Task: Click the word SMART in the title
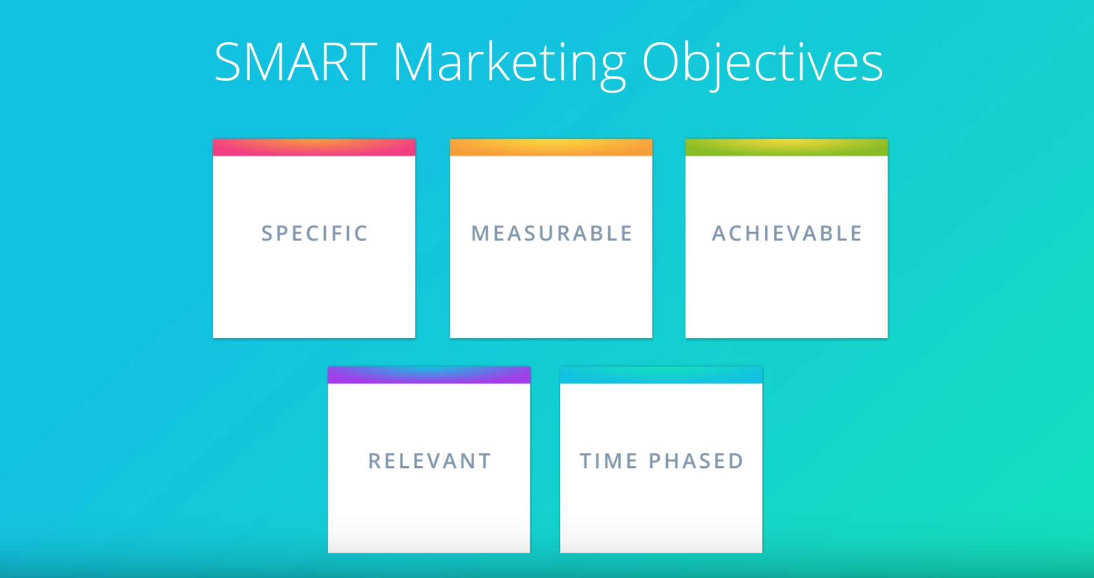click(x=296, y=62)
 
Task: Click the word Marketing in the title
click(x=510, y=66)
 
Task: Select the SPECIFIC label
click(x=314, y=233)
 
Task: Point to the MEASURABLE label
click(x=552, y=233)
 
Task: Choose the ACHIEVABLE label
click(x=787, y=233)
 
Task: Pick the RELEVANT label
click(x=430, y=461)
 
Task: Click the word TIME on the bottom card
click(x=609, y=461)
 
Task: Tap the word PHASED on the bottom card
click(x=696, y=461)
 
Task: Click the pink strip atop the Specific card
click(x=314, y=148)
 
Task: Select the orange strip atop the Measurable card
click(x=551, y=148)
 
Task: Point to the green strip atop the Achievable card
click(x=787, y=148)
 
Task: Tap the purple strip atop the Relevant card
click(x=429, y=375)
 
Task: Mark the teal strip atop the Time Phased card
click(x=661, y=375)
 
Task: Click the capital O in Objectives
click(x=662, y=62)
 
